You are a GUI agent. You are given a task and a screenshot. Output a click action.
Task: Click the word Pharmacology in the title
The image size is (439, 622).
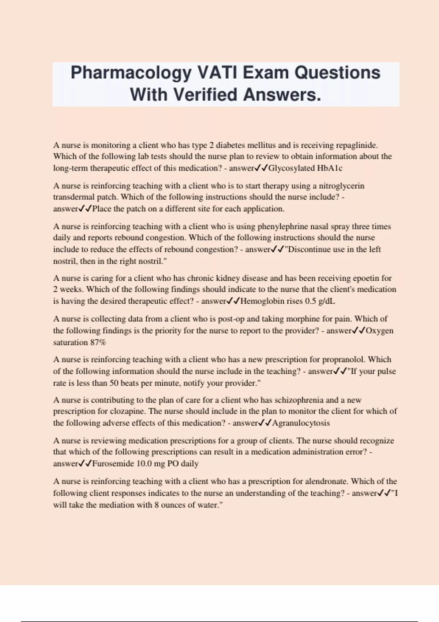pos(131,73)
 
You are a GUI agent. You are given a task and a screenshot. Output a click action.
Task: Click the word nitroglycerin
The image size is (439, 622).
pos(341,186)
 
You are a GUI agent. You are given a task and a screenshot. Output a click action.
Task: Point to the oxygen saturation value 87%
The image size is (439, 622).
pos(98,342)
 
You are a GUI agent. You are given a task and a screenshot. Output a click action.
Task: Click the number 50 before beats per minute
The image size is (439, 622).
pos(114,383)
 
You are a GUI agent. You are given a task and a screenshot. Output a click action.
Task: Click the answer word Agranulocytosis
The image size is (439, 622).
pos(301,423)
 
